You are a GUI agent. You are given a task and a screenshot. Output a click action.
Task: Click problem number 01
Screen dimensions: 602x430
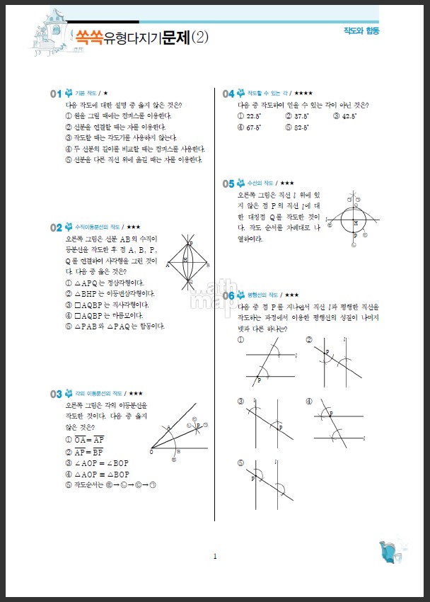[x=55, y=93]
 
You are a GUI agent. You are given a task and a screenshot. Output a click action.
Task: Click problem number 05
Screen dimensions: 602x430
[x=228, y=183]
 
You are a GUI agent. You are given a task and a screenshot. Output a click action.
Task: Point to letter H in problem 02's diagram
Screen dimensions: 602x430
[x=185, y=259]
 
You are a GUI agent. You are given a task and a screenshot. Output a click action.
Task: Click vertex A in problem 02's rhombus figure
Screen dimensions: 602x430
[x=168, y=266]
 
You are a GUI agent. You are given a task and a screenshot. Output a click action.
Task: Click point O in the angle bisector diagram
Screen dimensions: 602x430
[x=151, y=451]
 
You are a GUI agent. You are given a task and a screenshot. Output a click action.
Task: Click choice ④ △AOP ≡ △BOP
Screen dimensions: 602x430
[x=98, y=474]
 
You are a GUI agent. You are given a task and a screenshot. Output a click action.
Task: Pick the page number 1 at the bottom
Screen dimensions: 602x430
[x=215, y=556]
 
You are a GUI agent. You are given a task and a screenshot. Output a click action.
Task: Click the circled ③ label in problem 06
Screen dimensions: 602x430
[x=241, y=402]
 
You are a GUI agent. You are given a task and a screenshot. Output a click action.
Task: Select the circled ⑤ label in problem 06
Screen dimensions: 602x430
[x=241, y=463]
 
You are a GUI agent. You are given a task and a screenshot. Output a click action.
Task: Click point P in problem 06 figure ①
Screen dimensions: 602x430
[x=259, y=380]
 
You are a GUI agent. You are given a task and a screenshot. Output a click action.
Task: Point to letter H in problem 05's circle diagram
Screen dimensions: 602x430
[x=355, y=222]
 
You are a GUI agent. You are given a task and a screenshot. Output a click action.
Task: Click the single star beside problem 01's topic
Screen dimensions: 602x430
[x=105, y=93]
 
